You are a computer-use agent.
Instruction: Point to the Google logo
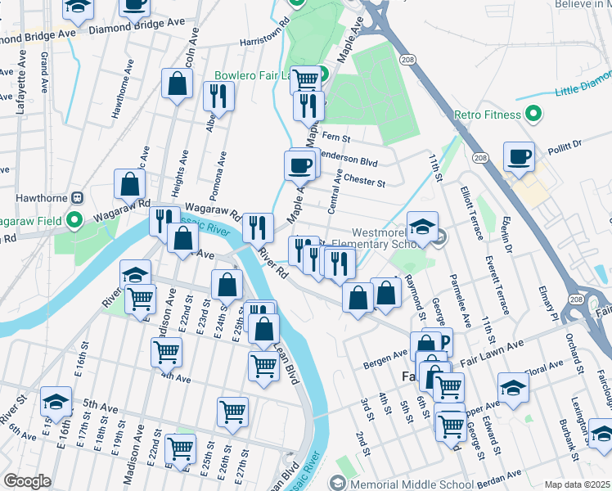click(27, 481)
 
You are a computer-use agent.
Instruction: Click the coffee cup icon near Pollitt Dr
click(519, 155)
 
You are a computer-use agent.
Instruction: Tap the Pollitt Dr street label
click(565, 142)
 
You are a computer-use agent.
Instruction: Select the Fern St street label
click(336, 137)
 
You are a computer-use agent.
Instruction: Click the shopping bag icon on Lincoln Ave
click(177, 83)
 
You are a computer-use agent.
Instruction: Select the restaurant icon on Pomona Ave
click(218, 96)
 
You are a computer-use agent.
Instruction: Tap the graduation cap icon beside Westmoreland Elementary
click(422, 226)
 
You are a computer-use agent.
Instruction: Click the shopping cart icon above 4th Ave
click(166, 352)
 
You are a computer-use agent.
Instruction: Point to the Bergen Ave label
click(389, 354)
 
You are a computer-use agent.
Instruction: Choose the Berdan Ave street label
click(500, 474)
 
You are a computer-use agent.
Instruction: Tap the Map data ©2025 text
click(576, 484)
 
